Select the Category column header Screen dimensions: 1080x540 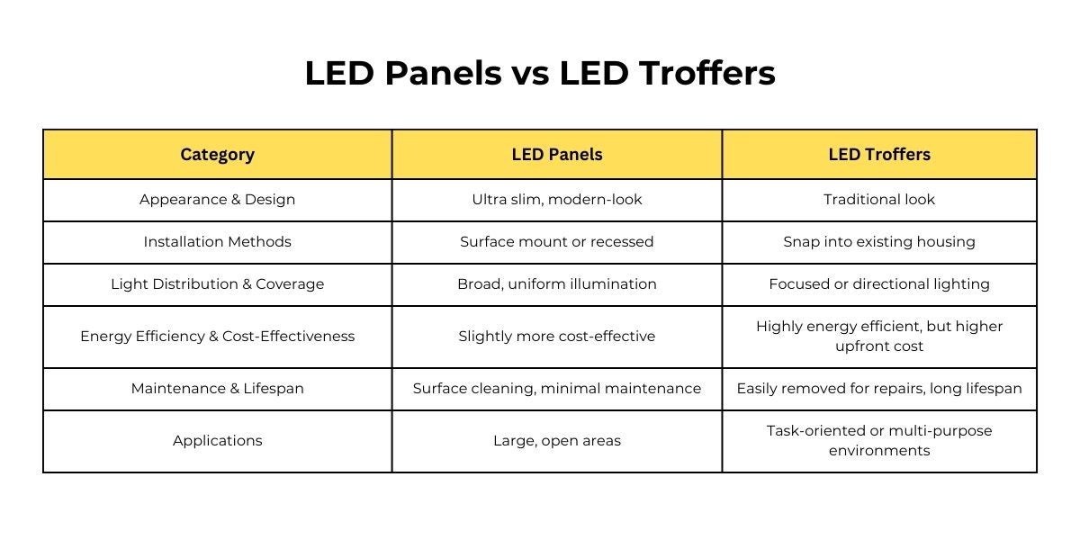tap(218, 155)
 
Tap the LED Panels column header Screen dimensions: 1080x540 tap(557, 155)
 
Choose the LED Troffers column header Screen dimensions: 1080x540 tap(879, 155)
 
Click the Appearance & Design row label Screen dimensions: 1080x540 tap(218, 200)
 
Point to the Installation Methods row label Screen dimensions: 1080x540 tap(218, 241)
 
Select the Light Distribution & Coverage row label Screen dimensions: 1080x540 tap(218, 284)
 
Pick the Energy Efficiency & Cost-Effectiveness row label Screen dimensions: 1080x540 tap(218, 336)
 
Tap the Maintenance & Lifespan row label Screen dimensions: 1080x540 tap(218, 389)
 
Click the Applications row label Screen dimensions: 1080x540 tap(218, 441)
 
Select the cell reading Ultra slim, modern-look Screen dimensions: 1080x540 tap(557, 200)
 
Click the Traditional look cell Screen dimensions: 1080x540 tap(879, 200)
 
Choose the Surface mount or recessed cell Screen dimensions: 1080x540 tap(557, 241)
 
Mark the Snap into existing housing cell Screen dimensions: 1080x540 tap(879, 241)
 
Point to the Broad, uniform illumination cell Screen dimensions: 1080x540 tap(557, 284)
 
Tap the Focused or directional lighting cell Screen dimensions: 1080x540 tap(879, 284)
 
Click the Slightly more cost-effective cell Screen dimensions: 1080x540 tap(557, 336)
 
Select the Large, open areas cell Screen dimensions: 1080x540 tap(557, 441)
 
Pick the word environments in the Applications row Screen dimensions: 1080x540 tap(879, 451)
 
